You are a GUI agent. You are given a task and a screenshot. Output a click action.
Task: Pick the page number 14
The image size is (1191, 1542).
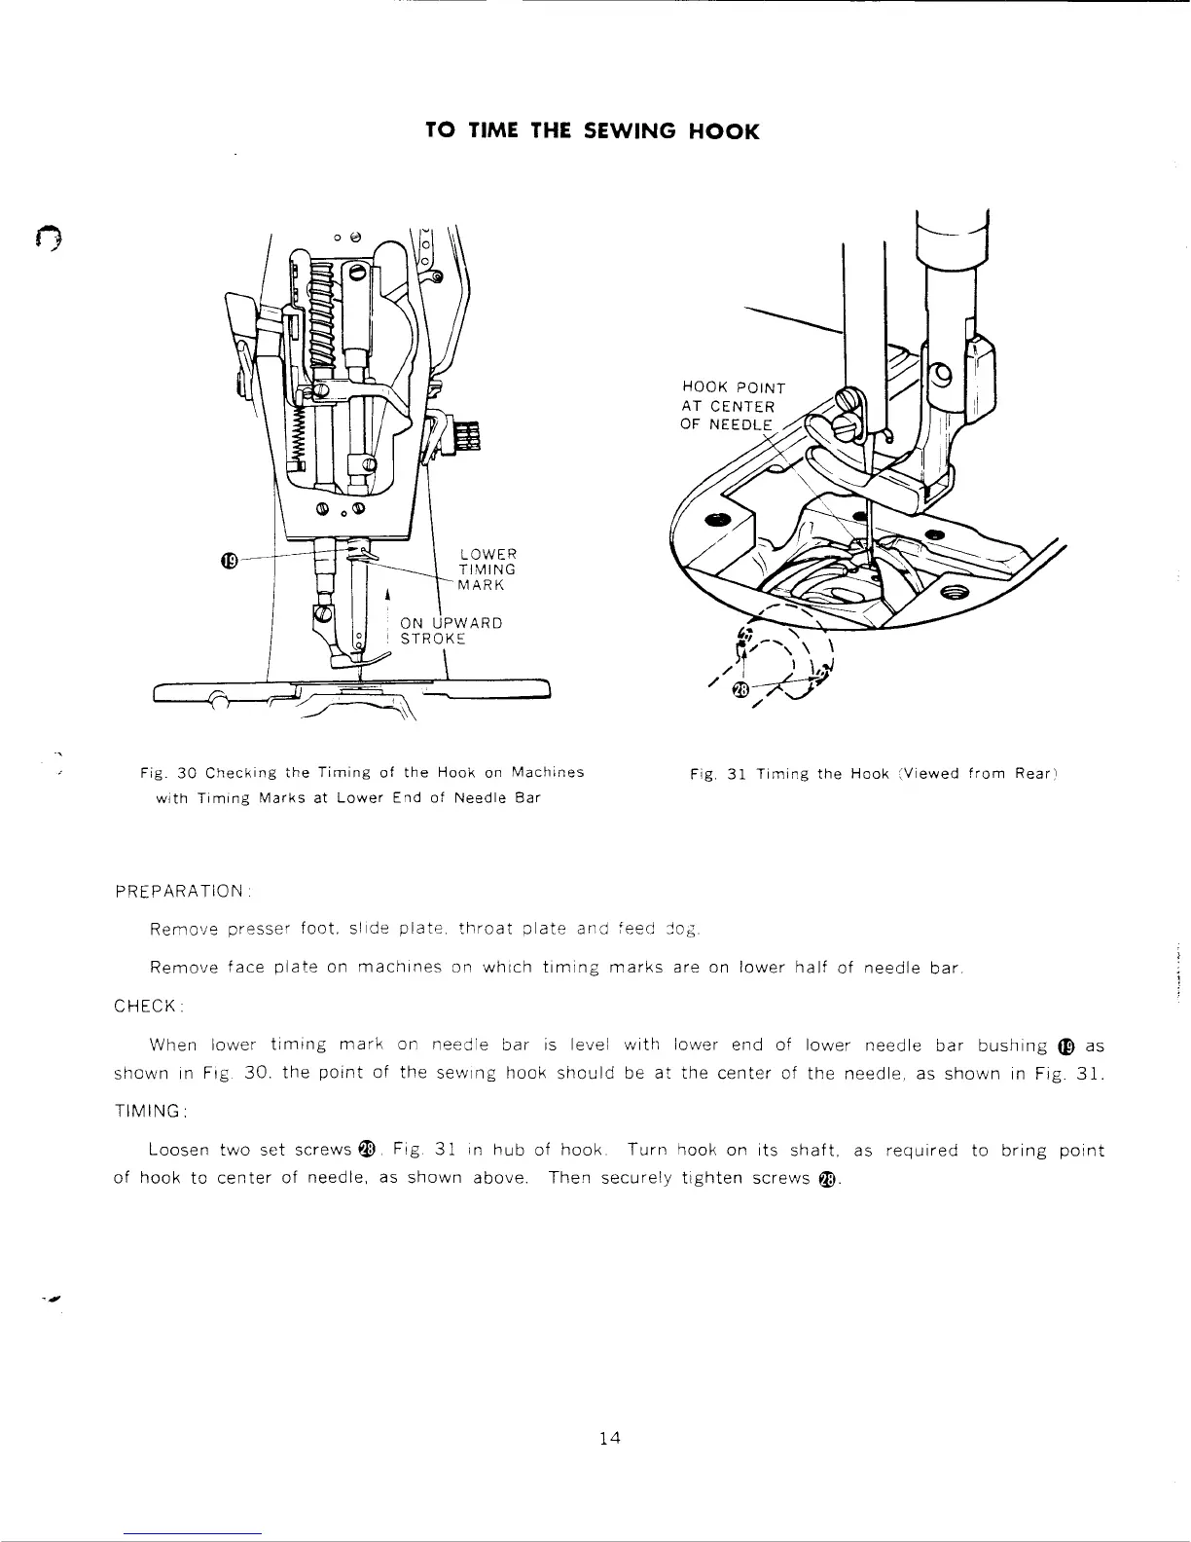click(610, 1439)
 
